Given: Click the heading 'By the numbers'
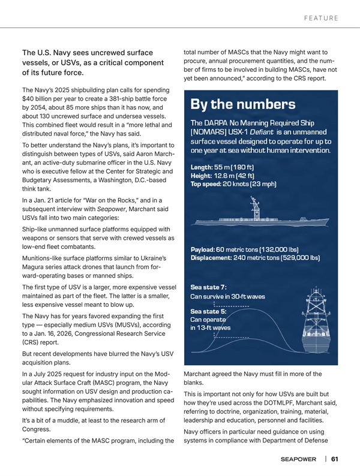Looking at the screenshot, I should [x=243, y=104].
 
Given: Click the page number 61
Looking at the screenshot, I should [x=334, y=459].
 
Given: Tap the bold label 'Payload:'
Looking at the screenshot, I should [x=206, y=249].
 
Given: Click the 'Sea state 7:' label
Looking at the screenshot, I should [x=208, y=286].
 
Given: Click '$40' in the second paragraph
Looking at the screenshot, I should [x=28, y=98].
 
